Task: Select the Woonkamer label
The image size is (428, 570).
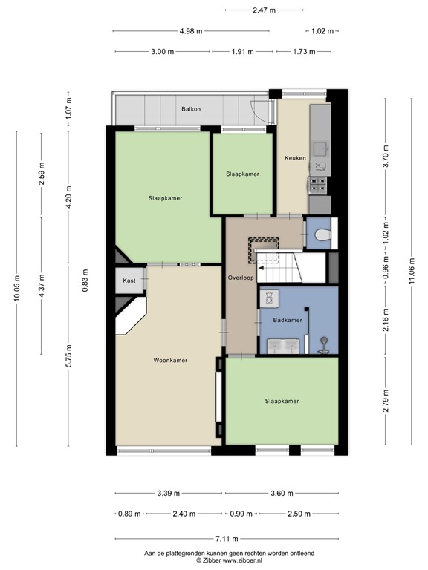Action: pyautogui.click(x=170, y=361)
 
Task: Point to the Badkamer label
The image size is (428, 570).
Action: pyautogui.click(x=287, y=321)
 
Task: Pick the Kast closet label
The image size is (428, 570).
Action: pyautogui.click(x=129, y=281)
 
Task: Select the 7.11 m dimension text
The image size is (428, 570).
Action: pyautogui.click(x=227, y=539)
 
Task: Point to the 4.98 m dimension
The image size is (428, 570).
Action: pyautogui.click(x=191, y=31)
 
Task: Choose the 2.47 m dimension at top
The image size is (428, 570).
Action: pyautogui.click(x=264, y=10)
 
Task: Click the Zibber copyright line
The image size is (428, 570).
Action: pyautogui.click(x=230, y=561)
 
